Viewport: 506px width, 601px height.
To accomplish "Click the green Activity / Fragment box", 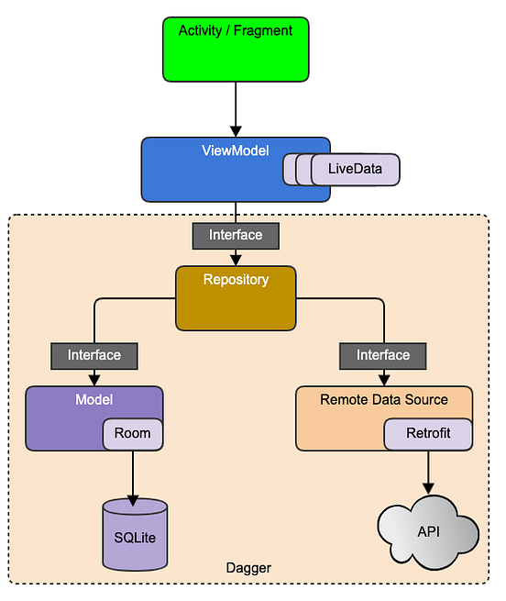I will pos(236,48).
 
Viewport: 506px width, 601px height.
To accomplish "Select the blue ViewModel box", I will pos(211,170).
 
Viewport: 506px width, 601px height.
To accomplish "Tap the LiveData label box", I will pos(354,170).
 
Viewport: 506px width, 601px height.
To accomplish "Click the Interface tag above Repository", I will pos(236,235).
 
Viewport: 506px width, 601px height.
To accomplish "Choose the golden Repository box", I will pos(236,298).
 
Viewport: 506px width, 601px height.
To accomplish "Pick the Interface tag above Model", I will pos(94,354).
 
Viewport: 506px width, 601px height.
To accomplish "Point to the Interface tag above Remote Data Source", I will pos(383,354).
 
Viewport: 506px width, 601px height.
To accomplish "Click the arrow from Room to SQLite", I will pos(134,475).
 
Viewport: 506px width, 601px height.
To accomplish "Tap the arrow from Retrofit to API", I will pos(428,473).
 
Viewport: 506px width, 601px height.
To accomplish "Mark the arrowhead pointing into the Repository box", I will pos(236,260).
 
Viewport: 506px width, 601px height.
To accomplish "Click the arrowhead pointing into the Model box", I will pos(94,380).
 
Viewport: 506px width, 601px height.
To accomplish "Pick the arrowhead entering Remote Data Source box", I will pos(383,380).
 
